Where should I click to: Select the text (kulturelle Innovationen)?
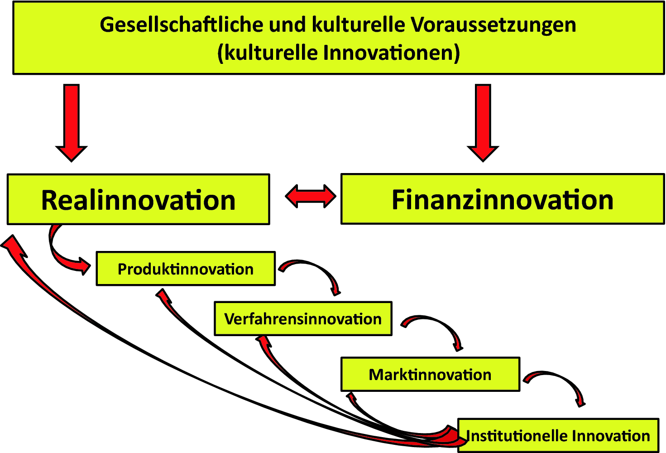[x=339, y=53]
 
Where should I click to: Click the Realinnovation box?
[x=138, y=199]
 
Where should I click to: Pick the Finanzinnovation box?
[x=502, y=199]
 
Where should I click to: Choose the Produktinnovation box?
[x=186, y=269]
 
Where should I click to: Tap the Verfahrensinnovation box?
[x=303, y=318]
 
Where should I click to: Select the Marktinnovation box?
[x=430, y=374]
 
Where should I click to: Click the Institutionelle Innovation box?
[x=558, y=435]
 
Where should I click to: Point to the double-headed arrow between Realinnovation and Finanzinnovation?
[x=311, y=196]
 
